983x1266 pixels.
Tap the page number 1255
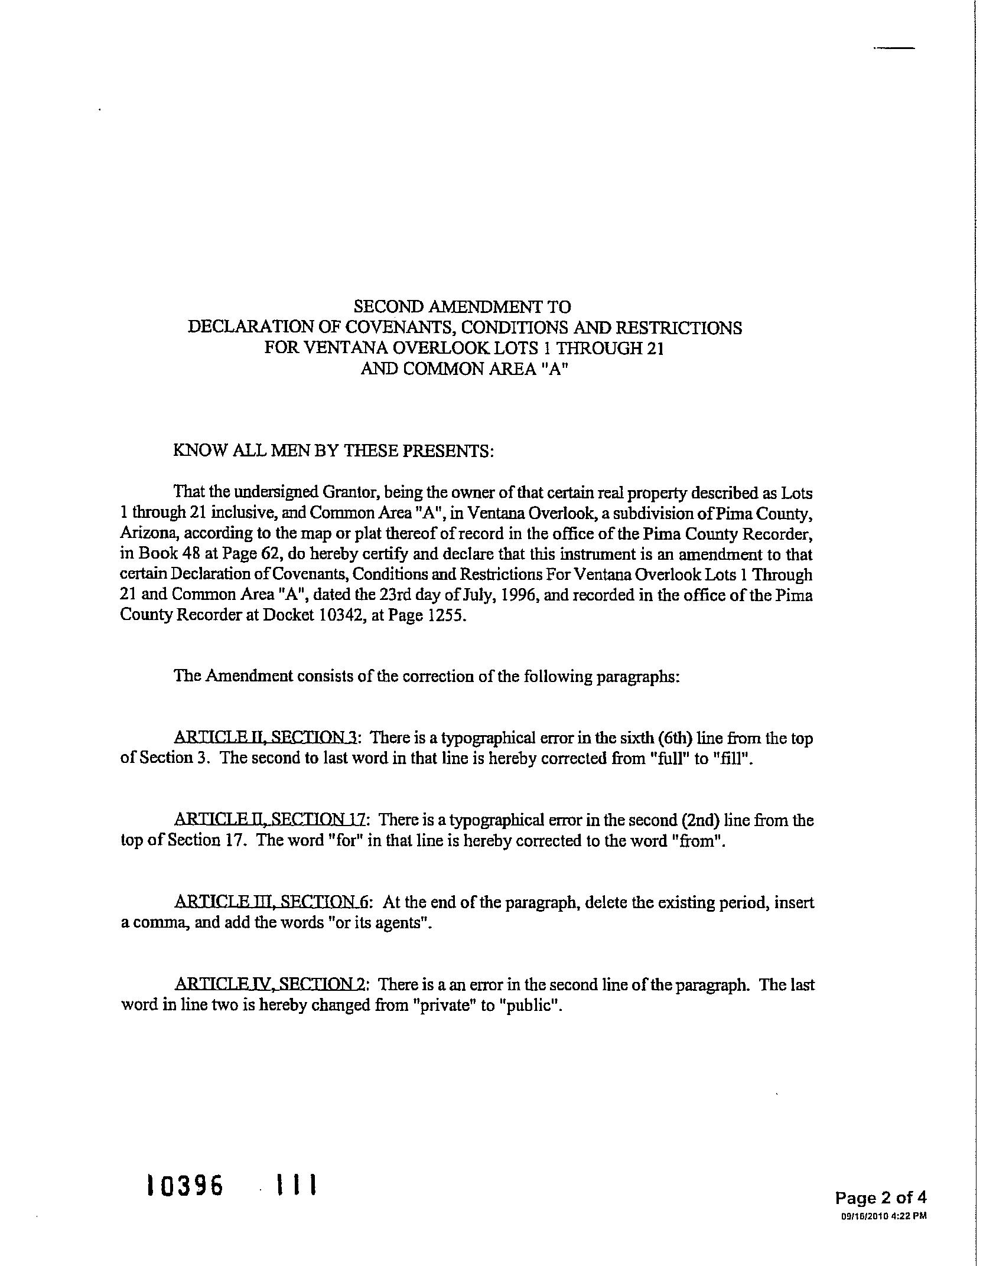pos(448,615)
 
